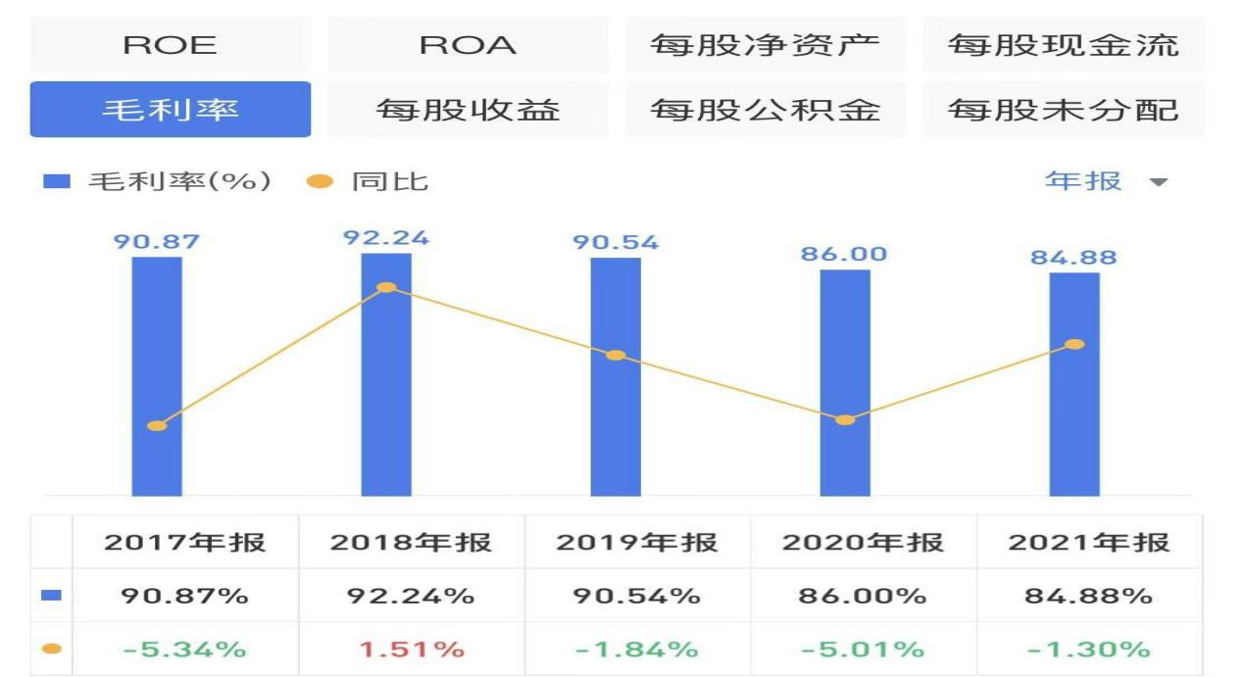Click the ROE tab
170,45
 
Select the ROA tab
468,45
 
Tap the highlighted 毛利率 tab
170,109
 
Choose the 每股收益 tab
468,109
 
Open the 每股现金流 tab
1063,45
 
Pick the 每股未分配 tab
1063,109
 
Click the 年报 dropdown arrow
1159,182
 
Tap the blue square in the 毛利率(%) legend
58,182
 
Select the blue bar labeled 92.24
386,392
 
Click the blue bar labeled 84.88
1074,411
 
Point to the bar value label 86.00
844,254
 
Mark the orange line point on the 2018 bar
386,287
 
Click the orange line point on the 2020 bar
845,419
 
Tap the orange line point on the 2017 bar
157,425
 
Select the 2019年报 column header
637,542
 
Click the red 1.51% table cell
411,649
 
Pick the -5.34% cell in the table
184,649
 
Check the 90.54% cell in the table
637,596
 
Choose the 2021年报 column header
1089,542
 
